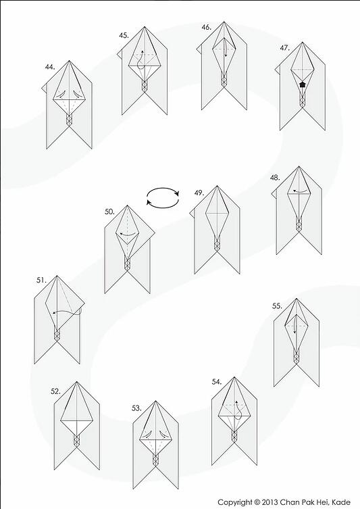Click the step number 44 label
[x=50, y=67]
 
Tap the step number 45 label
[x=124, y=35]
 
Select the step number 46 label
[x=206, y=27]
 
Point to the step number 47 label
[x=285, y=48]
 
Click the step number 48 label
[x=275, y=178]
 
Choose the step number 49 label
[x=199, y=193]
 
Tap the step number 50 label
[x=109, y=212]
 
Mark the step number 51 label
[x=41, y=280]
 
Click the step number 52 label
[x=55, y=391]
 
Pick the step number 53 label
[x=136, y=408]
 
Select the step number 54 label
[x=217, y=382]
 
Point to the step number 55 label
[x=277, y=306]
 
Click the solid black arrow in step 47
[x=303, y=84]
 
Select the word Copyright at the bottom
[x=235, y=502]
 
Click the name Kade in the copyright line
[x=342, y=502]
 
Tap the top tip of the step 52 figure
[x=76, y=382]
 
